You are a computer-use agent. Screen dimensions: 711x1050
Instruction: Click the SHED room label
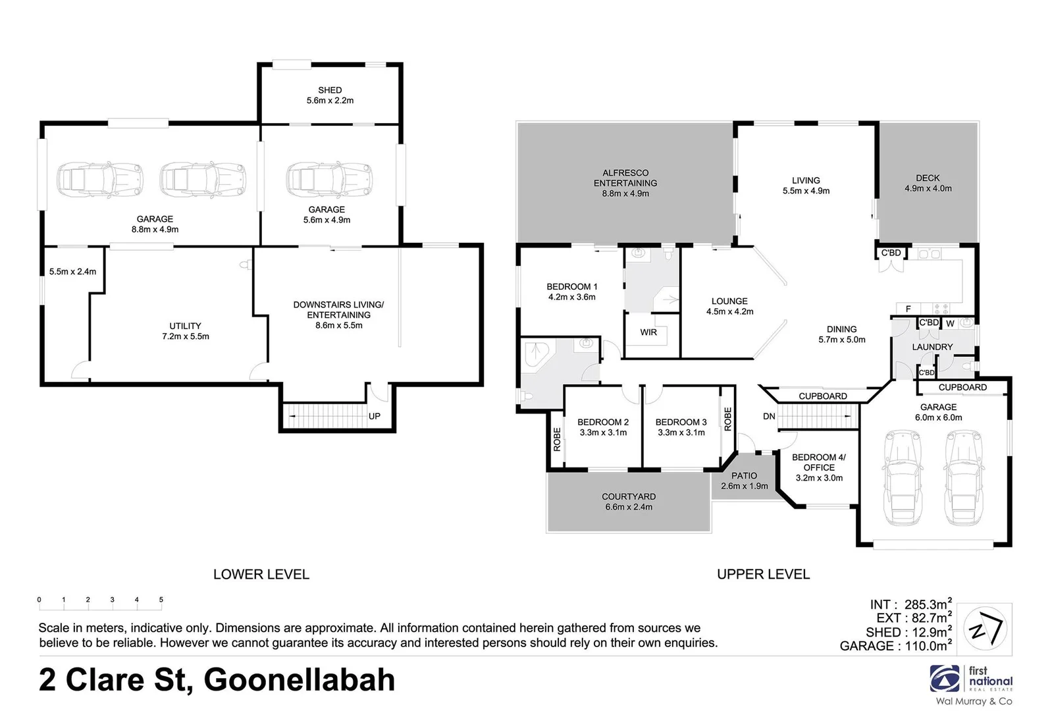click(x=330, y=90)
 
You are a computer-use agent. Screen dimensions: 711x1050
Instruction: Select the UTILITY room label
click(x=185, y=326)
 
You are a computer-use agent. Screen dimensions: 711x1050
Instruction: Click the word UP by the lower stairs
click(x=374, y=416)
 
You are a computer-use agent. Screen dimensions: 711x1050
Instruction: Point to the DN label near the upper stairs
click(x=769, y=416)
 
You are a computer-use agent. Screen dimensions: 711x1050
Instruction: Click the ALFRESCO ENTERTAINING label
click(x=625, y=178)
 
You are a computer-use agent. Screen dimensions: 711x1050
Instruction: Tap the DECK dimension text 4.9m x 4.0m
click(x=928, y=188)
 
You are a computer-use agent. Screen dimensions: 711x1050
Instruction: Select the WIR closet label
click(x=648, y=332)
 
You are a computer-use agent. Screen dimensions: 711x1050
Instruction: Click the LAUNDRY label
click(x=932, y=347)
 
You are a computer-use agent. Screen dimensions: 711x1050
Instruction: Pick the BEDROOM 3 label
click(x=681, y=422)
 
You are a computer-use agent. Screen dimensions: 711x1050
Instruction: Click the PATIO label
click(x=744, y=475)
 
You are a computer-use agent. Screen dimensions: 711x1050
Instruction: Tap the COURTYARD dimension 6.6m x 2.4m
click(x=629, y=507)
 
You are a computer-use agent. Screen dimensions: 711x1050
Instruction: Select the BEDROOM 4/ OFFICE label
click(x=819, y=462)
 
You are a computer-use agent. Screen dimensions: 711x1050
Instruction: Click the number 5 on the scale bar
click(x=161, y=600)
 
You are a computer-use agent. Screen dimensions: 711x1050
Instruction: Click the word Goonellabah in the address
click(x=300, y=680)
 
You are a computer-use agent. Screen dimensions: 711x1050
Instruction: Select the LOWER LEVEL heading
click(x=261, y=574)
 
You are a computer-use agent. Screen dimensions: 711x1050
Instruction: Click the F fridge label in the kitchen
click(x=908, y=309)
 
